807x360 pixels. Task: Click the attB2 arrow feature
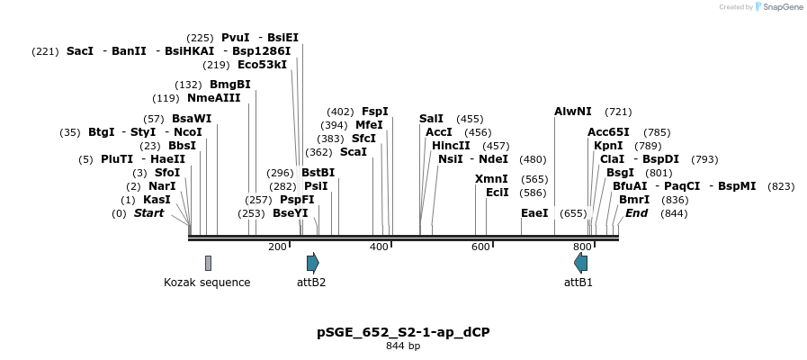(312, 263)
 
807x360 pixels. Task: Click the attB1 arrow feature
(580, 263)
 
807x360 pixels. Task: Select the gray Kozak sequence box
(208, 263)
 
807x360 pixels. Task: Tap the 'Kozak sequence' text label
(207, 283)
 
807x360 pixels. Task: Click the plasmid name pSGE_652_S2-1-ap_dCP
(403, 332)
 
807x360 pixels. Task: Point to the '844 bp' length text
(403, 346)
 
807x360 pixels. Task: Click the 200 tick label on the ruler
(277, 247)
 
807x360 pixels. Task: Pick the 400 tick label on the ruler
(379, 247)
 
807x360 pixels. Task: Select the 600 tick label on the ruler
(480, 247)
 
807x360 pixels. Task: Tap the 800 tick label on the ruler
(582, 247)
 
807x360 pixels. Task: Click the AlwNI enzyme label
(573, 112)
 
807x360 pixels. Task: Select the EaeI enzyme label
(534, 213)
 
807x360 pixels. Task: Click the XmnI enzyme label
(491, 179)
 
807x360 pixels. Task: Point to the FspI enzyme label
(374, 112)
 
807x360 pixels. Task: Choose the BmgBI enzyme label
(230, 85)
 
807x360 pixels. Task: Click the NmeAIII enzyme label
(214, 98)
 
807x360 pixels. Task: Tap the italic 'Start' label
(148, 213)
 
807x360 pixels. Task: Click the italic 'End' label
(636, 213)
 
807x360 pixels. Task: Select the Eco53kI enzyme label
(263, 65)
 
